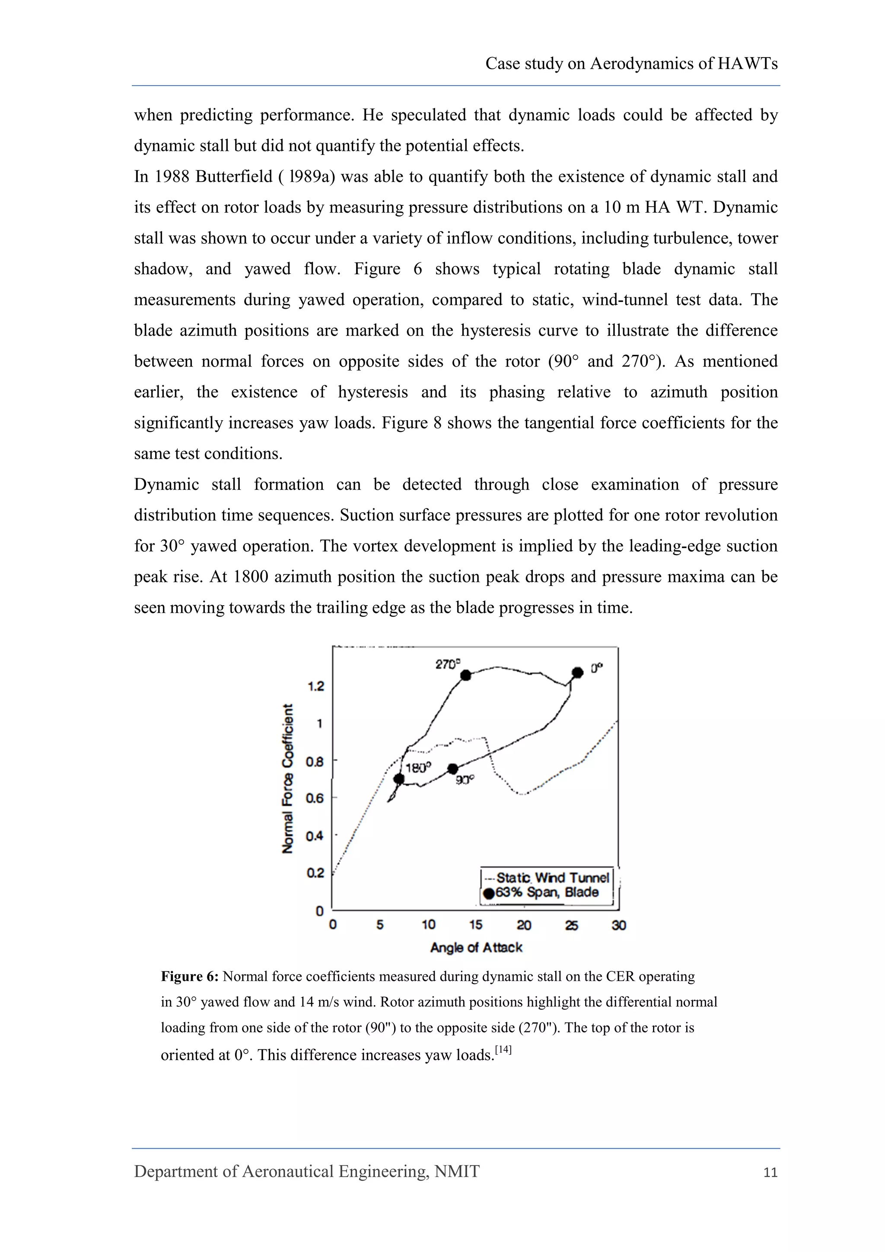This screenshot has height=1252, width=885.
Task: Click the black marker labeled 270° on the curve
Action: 465,675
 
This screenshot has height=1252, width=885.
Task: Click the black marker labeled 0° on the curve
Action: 578,672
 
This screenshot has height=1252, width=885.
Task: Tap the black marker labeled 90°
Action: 452,768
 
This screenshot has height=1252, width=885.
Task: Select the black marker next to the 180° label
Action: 399,779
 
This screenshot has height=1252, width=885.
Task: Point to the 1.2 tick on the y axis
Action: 316,686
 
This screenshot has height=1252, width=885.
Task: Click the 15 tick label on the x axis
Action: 475,925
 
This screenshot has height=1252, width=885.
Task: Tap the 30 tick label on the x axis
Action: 618,925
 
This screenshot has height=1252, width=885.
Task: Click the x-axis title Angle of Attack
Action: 476,948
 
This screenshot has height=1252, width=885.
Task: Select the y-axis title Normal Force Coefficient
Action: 288,778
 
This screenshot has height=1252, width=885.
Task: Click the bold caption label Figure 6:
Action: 190,977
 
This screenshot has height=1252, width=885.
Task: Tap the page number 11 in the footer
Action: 770,1173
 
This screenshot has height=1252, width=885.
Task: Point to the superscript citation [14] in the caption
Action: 503,1049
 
